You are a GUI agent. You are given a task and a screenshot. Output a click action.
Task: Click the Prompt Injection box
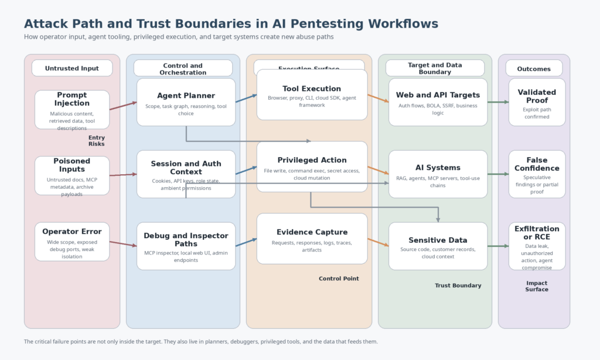72,110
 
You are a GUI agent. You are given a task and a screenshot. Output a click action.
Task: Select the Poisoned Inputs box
72,175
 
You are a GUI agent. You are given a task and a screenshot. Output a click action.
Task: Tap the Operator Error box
72,241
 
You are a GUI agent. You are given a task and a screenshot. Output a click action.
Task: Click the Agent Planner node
186,102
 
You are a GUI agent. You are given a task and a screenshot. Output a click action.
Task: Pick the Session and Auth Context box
186,174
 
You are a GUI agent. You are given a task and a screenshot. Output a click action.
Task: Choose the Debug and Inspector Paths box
186,246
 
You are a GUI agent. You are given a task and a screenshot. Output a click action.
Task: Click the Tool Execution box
312,94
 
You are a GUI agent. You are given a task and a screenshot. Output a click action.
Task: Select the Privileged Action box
312,167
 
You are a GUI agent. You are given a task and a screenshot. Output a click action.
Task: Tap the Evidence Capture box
312,238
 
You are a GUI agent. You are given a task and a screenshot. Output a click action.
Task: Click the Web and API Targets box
438,102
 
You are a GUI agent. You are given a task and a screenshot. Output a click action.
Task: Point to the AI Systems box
438,174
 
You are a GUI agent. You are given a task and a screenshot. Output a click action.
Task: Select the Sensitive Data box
438,246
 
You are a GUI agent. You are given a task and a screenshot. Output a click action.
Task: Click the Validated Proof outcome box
537,102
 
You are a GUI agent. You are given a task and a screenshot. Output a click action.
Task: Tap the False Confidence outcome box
537,174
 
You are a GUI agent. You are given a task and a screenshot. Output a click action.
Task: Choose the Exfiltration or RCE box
537,246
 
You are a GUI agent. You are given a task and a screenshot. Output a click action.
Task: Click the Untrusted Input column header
72,68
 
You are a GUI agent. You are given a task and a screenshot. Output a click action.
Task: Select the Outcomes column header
534,69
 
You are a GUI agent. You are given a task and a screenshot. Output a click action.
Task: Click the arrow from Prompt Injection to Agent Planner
123,106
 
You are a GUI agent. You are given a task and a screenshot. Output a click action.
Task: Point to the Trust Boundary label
458,286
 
